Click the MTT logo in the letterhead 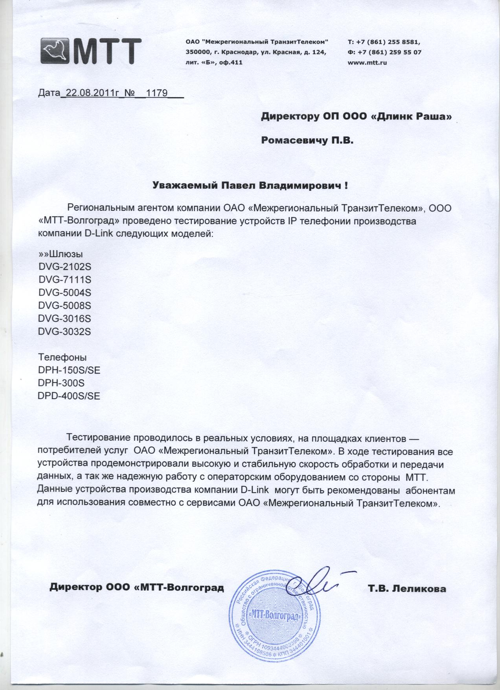pos(91,50)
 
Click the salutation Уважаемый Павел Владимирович pos(250,185)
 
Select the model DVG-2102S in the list pos(65,267)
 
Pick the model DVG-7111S pos(65,280)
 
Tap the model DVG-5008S pos(65,305)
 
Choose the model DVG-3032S pos(65,331)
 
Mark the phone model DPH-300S pos(61,383)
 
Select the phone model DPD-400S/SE pos(69,396)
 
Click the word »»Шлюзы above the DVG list pos(61,254)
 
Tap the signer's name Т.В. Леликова pos(407,589)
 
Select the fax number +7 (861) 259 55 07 pos(390,52)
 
